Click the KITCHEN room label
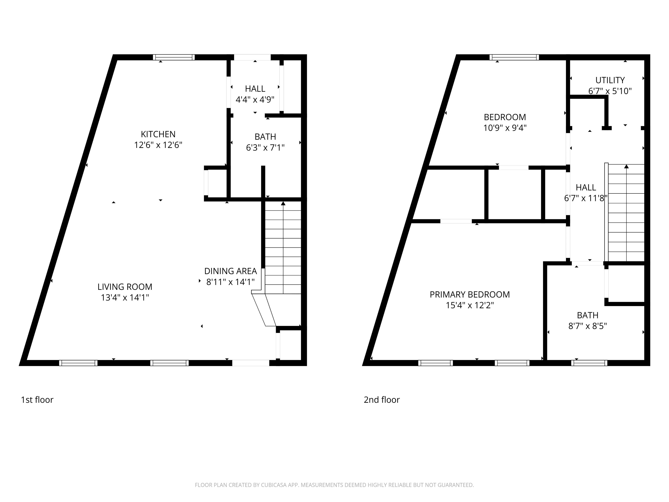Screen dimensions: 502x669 point(158,134)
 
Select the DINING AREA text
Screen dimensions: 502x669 point(230,271)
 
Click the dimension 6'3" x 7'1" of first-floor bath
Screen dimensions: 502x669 point(265,148)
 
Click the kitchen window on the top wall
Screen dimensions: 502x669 point(173,57)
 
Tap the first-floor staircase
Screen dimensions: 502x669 point(283,248)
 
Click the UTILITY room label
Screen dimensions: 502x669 point(610,80)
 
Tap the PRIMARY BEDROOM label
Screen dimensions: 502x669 point(469,295)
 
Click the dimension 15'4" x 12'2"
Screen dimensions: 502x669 point(469,305)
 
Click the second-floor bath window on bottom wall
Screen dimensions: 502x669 point(589,363)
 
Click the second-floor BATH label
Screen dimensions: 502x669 point(587,315)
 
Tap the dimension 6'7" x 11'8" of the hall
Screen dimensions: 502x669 point(586,198)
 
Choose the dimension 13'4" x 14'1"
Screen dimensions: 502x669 point(125,298)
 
